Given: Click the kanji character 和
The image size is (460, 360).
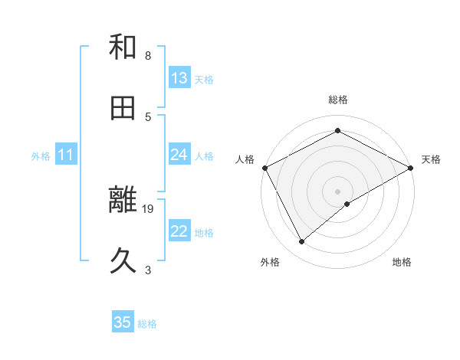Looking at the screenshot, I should click(123, 47).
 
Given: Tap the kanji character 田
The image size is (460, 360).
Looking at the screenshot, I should click(123, 109).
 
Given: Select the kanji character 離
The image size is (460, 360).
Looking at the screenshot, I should click(123, 201).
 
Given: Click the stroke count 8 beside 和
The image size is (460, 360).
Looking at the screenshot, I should click(148, 56).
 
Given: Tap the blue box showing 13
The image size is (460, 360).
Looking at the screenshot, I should click(179, 78).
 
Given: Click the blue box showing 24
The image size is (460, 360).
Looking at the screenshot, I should click(179, 155).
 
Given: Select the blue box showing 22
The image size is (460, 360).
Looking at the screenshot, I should click(179, 231).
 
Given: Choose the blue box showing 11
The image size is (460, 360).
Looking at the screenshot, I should click(66, 155).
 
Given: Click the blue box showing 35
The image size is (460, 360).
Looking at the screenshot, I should click(123, 322).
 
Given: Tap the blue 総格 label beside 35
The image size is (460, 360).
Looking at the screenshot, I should click(147, 324).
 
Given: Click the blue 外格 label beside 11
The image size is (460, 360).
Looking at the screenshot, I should click(41, 155).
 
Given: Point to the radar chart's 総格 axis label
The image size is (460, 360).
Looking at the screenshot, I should click(337, 100).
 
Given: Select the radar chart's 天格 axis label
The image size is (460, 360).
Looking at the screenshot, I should click(431, 159).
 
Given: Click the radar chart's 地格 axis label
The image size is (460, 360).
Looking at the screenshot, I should click(402, 262).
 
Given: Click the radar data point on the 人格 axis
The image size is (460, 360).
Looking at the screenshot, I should click(264, 167).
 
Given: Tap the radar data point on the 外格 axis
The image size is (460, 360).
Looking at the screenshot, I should click(302, 241).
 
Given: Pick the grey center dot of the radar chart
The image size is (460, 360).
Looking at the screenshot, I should click(337, 191).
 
